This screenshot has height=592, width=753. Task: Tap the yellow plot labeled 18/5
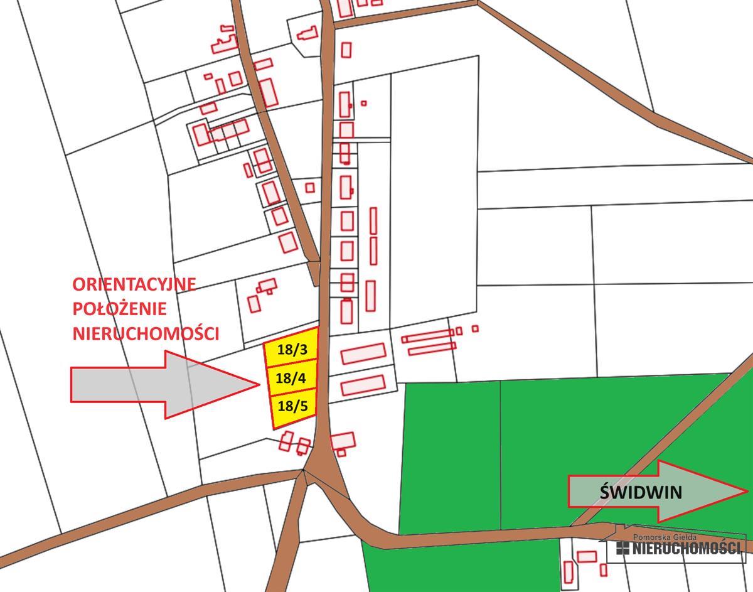click(x=292, y=406)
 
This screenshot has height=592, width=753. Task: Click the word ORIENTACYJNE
click(x=134, y=284)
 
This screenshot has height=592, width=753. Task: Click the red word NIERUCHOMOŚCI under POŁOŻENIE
click(x=146, y=333)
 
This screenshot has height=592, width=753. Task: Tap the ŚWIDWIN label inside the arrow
click(x=640, y=492)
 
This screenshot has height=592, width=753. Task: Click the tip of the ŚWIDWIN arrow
click(x=747, y=491)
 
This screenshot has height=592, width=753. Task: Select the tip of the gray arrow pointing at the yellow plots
click(x=258, y=384)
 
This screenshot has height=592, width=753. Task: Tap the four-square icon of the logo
click(x=622, y=548)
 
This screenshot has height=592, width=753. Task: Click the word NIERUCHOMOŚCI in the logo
click(x=686, y=548)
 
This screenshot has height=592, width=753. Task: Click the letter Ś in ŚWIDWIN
click(x=605, y=491)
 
